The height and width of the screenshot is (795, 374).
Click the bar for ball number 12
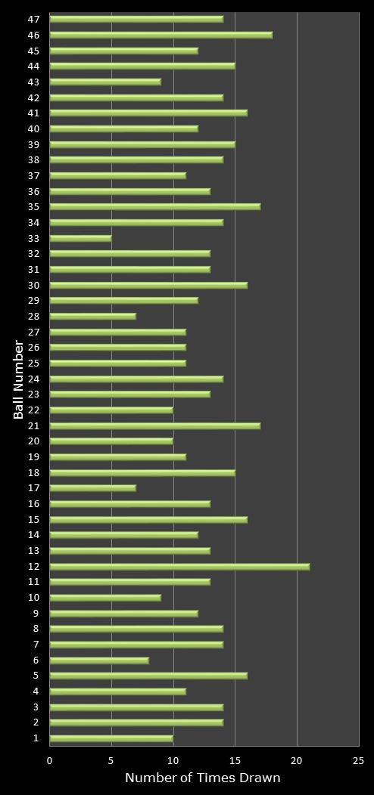[x=179, y=566]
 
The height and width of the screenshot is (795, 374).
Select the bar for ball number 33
[x=80, y=238]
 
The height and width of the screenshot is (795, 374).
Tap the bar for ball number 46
[x=161, y=35]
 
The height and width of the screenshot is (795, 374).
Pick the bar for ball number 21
[x=154, y=425]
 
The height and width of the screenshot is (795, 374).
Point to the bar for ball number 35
[x=154, y=206]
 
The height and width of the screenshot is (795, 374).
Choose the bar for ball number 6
[x=99, y=660]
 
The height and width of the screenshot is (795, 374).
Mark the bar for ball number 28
[x=92, y=316]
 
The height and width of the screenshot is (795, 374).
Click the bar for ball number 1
[x=111, y=738]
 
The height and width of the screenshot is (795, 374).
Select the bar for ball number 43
[x=105, y=82]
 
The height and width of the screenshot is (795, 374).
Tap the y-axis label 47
[x=34, y=19]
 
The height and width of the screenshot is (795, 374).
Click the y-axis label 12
[x=34, y=566]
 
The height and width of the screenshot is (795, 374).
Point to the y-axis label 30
[x=34, y=285]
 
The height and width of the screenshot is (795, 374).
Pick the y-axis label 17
[x=34, y=487]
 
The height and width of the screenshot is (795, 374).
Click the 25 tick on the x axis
[x=358, y=762]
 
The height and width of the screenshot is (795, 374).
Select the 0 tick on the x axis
[x=50, y=762]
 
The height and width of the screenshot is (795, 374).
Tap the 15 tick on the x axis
[x=235, y=762]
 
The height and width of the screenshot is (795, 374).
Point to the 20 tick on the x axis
[x=297, y=762]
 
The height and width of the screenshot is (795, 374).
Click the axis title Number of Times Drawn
[x=203, y=778]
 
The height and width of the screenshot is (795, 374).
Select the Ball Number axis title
[x=19, y=379]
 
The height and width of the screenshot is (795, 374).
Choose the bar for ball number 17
[x=92, y=487]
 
